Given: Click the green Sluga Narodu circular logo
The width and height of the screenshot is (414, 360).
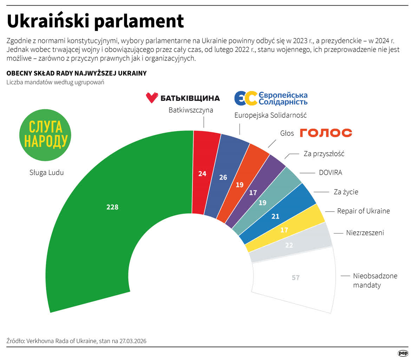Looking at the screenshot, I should (x=45, y=135).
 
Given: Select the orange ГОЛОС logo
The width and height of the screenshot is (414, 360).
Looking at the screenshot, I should (x=326, y=133).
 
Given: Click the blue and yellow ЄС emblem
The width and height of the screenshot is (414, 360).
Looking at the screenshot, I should (x=245, y=98).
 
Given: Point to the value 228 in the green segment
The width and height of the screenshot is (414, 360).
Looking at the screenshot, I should (x=112, y=207).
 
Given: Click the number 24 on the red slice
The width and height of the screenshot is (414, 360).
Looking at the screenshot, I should (x=202, y=173).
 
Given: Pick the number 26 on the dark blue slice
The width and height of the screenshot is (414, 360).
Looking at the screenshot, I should (x=223, y=177).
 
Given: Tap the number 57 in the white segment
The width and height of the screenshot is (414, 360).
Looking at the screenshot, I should (x=296, y=277).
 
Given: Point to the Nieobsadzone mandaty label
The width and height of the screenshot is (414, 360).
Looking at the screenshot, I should (x=375, y=280).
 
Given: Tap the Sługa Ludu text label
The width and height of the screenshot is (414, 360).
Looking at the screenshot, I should (x=46, y=173).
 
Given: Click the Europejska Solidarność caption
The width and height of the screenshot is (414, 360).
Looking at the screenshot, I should (x=270, y=115).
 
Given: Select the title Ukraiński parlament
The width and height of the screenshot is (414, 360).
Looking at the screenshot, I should (x=95, y=21).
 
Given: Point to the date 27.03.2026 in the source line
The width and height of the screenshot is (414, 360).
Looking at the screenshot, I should (x=133, y=341).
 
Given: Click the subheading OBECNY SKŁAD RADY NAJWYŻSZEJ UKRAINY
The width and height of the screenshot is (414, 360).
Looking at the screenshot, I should (x=76, y=73).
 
